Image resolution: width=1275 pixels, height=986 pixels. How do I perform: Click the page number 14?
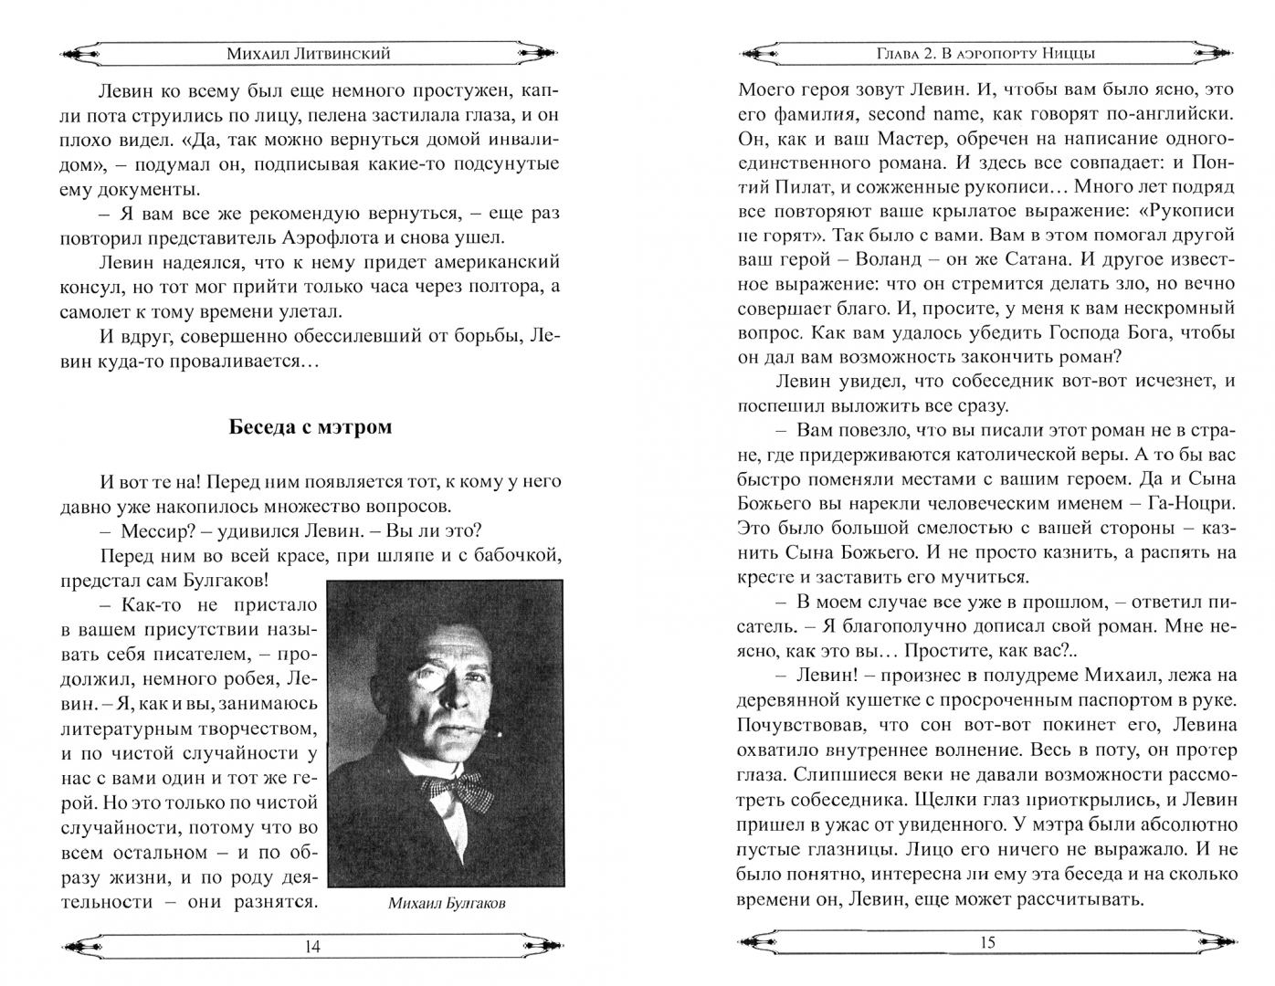(311, 947)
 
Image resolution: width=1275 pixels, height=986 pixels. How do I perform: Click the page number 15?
(986, 942)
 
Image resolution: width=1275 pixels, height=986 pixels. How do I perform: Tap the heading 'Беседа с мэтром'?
(311, 426)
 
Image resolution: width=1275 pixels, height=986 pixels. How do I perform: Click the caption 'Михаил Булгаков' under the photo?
(447, 904)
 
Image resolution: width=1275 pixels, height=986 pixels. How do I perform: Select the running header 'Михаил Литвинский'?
(309, 53)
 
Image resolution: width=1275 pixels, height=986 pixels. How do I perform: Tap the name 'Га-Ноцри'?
(1190, 503)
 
